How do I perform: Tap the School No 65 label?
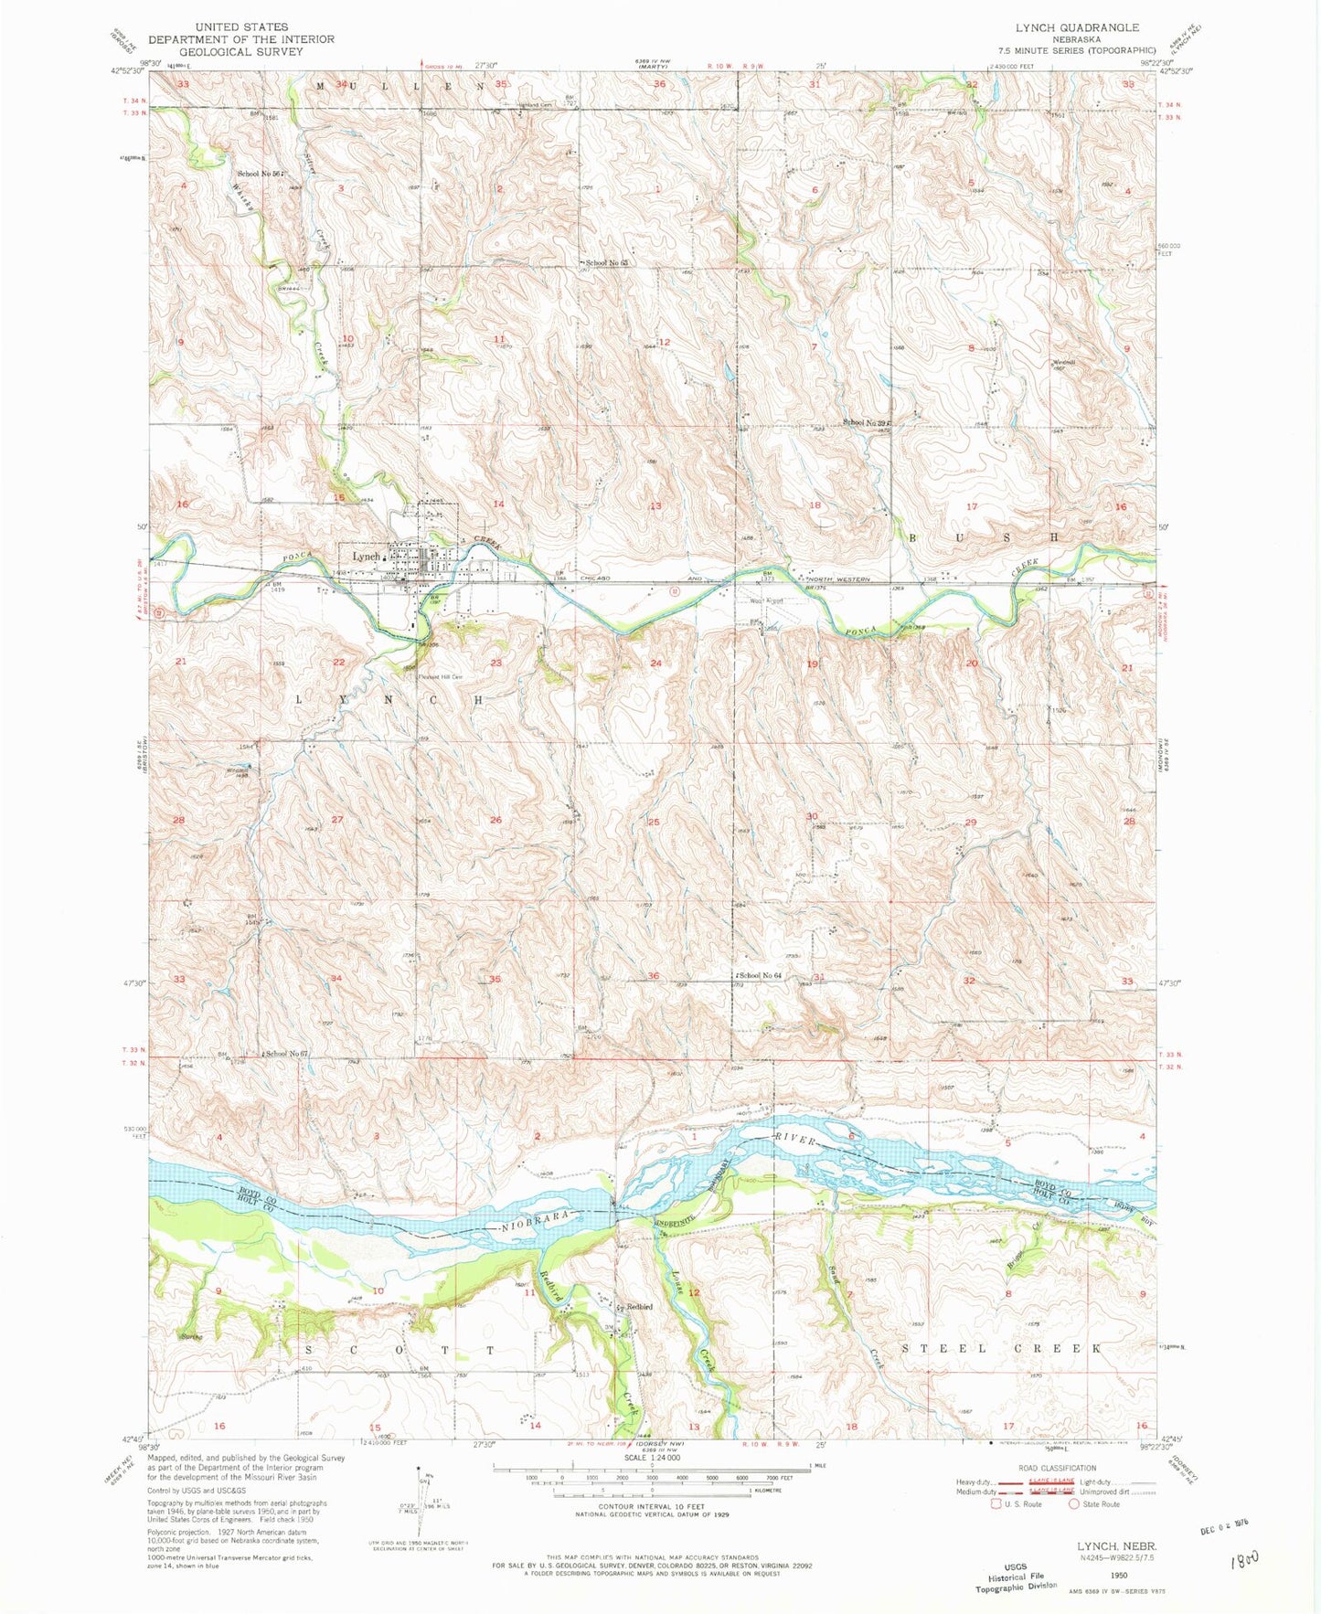point(607,262)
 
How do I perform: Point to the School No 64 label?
point(762,976)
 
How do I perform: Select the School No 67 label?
point(287,1054)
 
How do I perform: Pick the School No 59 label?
point(866,422)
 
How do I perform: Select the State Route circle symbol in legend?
point(1074,1503)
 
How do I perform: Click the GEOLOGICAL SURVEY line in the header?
point(240,51)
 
